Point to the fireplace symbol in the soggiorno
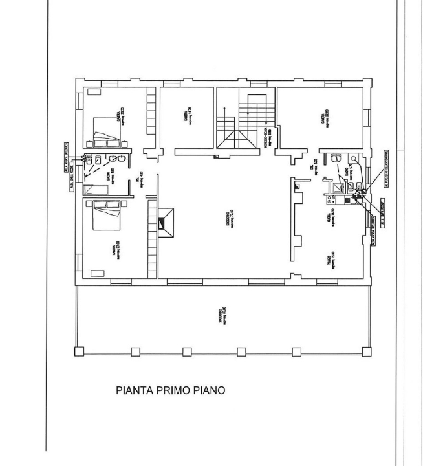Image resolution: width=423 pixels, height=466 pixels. pos(166,223)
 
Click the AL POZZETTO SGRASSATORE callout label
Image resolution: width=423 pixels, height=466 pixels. pos(384,167)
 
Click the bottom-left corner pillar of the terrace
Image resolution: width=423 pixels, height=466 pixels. pos(79,351)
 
